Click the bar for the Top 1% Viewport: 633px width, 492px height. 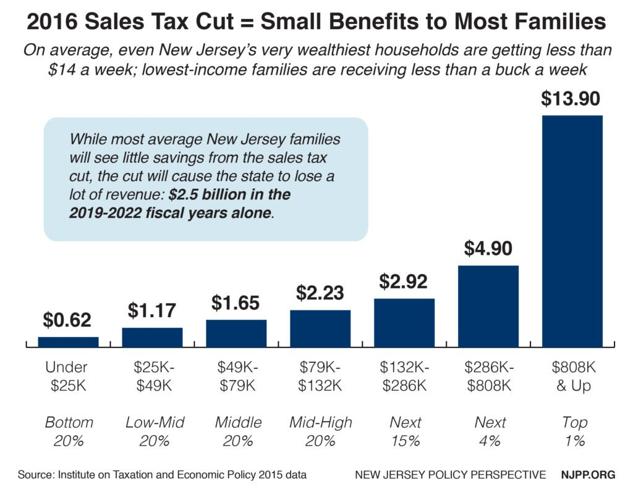[572, 231]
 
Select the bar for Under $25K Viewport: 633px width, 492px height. [68, 342]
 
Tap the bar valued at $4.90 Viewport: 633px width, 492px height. [488, 306]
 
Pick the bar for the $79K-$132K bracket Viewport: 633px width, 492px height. [320, 328]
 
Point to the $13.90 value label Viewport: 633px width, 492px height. [572, 98]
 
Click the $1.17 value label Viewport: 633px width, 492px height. [152, 311]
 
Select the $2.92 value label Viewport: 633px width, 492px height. [404, 281]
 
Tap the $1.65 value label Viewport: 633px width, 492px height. [236, 302]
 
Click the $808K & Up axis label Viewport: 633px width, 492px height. [572, 375]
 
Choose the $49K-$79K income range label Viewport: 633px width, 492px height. [236, 375]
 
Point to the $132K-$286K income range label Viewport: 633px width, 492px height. [404, 375]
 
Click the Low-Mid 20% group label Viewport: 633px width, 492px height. [152, 431]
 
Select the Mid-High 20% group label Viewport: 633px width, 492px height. [320, 431]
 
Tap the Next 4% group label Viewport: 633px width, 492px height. [488, 431]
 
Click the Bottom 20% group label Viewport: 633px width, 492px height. [68, 431]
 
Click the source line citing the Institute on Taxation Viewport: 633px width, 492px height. [163, 475]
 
